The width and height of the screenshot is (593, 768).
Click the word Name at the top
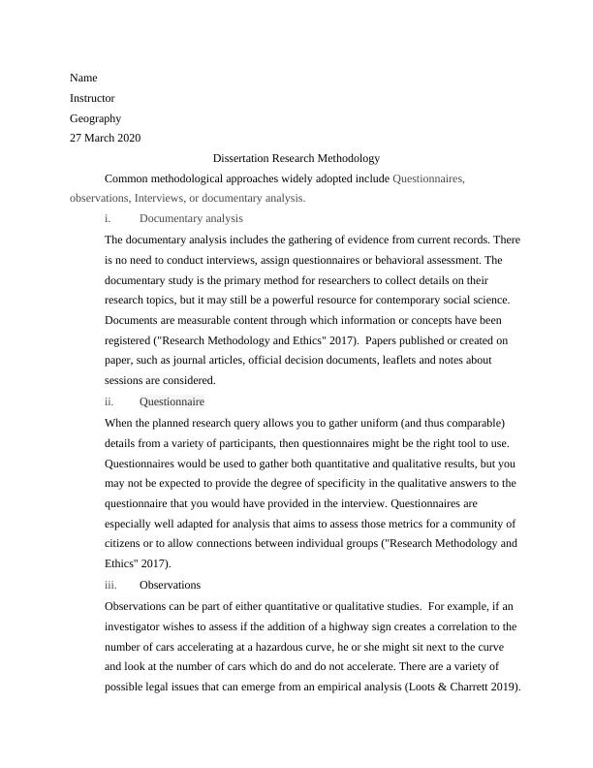click(x=83, y=78)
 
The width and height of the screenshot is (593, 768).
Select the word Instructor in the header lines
click(x=92, y=98)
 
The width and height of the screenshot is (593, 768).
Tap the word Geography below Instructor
click(x=95, y=118)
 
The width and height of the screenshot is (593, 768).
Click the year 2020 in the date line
click(x=128, y=138)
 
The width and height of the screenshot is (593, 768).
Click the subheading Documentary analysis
click(x=191, y=219)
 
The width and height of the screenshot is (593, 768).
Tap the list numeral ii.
click(x=109, y=401)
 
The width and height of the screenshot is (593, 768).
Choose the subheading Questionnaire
click(x=172, y=401)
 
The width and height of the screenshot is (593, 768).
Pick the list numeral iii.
click(x=109, y=585)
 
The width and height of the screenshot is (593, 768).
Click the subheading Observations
click(x=170, y=585)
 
